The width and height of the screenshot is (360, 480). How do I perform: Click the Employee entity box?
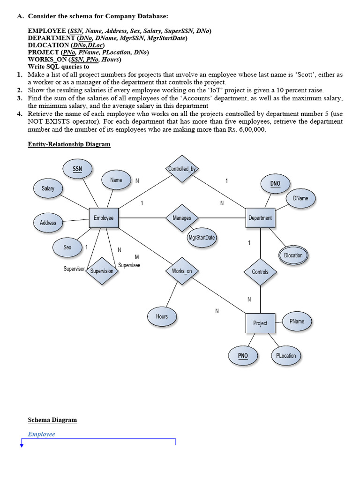pyautogui.click(x=104, y=218)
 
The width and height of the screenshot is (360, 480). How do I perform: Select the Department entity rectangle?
pyautogui.click(x=260, y=218)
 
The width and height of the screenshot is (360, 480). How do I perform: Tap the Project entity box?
pyautogui.click(x=260, y=323)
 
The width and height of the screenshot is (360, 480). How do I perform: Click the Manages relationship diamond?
pyautogui.click(x=182, y=218)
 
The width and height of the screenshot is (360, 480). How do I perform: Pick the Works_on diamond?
pyautogui.click(x=182, y=271)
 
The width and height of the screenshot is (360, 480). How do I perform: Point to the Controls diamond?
pyautogui.click(x=260, y=272)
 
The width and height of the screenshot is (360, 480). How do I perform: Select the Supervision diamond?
pyautogui.click(x=102, y=271)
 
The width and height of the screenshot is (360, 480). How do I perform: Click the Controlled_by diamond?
pyautogui.click(x=183, y=169)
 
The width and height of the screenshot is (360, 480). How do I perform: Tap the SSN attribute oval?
pyautogui.click(x=77, y=169)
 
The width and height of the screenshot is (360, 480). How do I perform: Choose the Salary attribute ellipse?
pyautogui.click(x=48, y=188)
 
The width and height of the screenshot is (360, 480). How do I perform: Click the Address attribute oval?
pyautogui.click(x=48, y=223)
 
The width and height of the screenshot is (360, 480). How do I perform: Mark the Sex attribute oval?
pyautogui.click(x=67, y=247)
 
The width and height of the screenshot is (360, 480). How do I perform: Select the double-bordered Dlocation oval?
pyautogui.click(x=293, y=255)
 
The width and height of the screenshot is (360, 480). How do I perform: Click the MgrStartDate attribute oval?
pyautogui.click(x=202, y=238)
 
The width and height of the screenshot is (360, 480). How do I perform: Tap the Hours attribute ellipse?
pyautogui.click(x=162, y=316)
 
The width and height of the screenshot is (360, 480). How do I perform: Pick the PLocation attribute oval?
pyautogui.click(x=286, y=356)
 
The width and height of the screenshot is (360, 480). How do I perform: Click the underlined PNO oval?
pyautogui.click(x=243, y=356)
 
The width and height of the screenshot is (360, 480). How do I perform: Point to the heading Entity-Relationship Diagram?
pyautogui.click(x=69, y=144)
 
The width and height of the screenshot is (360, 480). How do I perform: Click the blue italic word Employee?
pyautogui.click(x=41, y=434)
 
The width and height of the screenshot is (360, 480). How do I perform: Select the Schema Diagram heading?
pyautogui.click(x=52, y=420)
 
